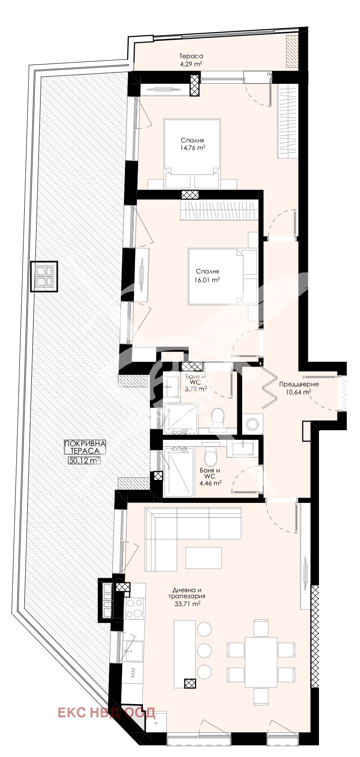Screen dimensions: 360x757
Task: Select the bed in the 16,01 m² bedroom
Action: (223, 277)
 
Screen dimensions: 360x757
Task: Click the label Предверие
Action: (299, 384)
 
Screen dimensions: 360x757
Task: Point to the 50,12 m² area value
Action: (84, 460)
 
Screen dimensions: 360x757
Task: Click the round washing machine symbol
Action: (253, 424)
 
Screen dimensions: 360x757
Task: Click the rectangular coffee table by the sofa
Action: (203, 558)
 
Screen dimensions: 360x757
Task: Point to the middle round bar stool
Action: (204, 650)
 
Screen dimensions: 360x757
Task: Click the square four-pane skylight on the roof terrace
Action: (45, 277)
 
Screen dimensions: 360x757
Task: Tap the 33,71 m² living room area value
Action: (187, 604)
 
